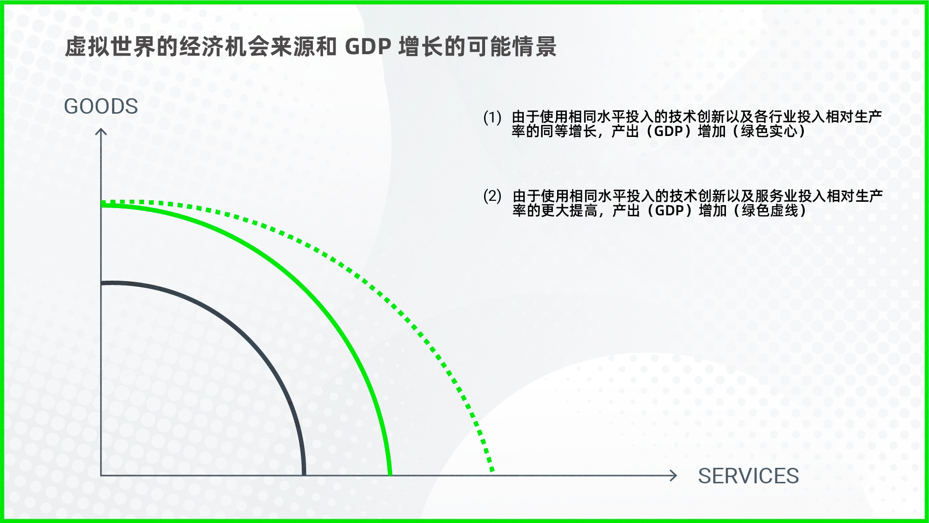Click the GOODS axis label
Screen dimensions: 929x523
pyautogui.click(x=101, y=106)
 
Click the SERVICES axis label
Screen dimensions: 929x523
pyautogui.click(x=748, y=476)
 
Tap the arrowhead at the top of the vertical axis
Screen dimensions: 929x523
pyautogui.click(x=101, y=132)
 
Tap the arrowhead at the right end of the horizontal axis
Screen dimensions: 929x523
pyautogui.click(x=673, y=476)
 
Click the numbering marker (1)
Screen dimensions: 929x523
pyautogui.click(x=492, y=118)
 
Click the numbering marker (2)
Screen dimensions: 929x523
pyautogui.click(x=492, y=196)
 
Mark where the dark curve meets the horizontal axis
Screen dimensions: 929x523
pyautogui.click(x=304, y=475)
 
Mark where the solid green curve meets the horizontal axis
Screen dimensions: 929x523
pyautogui.click(x=390, y=475)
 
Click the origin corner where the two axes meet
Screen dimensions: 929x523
pyautogui.click(x=101, y=476)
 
